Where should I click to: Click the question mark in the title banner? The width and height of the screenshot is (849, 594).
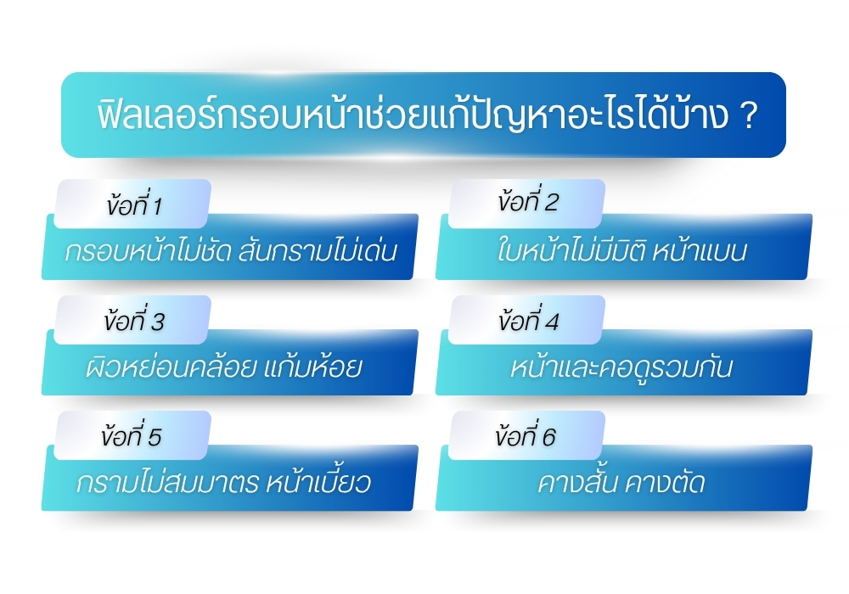748,116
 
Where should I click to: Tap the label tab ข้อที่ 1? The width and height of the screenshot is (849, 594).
133,205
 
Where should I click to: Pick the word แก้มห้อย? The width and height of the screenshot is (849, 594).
313,368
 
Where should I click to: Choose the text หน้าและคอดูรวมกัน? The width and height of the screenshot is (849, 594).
621,368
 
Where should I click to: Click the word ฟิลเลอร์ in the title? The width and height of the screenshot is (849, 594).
144,116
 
